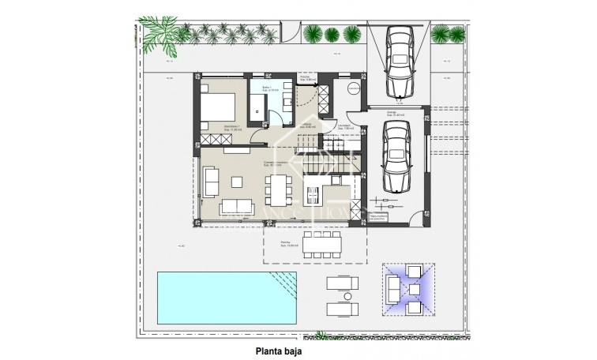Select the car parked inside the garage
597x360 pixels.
396,159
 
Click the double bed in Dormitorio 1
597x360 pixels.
218,108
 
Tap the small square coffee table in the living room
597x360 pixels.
235,179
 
